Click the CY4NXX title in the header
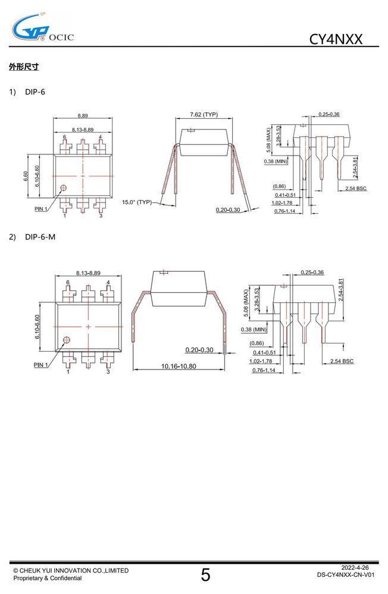click(x=336, y=39)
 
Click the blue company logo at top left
click(x=30, y=28)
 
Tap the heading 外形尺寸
click(x=24, y=67)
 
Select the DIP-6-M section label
click(x=40, y=237)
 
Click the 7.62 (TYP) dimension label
click(x=204, y=115)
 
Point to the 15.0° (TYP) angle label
click(x=137, y=203)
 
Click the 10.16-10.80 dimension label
click(x=179, y=366)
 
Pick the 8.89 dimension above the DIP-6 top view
click(x=82, y=116)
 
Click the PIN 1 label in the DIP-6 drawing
click(x=41, y=208)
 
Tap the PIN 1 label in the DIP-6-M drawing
click(x=41, y=365)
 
